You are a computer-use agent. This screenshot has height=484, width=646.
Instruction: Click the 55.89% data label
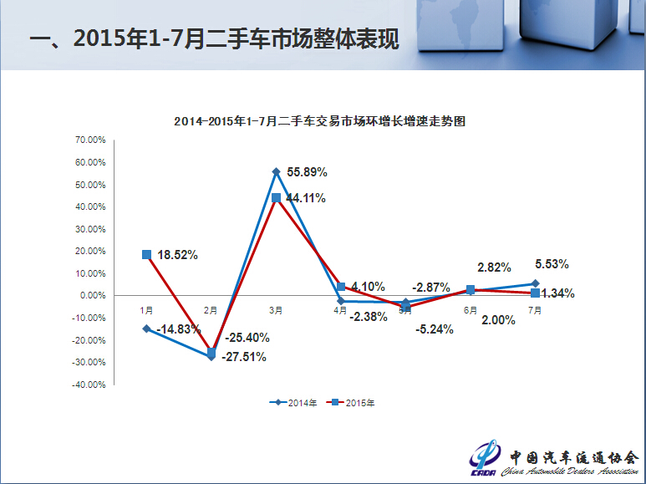[307, 172]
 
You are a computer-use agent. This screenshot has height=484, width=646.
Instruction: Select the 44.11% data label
[306, 198]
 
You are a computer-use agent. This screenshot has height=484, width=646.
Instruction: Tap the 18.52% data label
[177, 255]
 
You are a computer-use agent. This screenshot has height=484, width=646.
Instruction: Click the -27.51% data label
[244, 357]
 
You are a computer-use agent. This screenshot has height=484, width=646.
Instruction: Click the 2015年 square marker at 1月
[147, 254]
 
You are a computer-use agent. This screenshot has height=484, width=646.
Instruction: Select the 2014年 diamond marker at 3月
[276, 171]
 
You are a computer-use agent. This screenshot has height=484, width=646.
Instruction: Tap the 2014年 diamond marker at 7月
[535, 283]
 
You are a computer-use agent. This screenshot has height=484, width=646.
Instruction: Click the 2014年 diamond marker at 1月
[147, 329]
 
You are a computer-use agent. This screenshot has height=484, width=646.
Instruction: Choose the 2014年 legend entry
[293, 402]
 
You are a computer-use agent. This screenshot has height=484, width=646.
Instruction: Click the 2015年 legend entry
[352, 402]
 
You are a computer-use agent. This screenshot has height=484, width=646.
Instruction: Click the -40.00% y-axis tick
[90, 385]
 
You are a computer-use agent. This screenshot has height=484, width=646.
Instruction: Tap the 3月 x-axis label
[276, 310]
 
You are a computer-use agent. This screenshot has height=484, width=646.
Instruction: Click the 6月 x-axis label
[471, 310]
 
